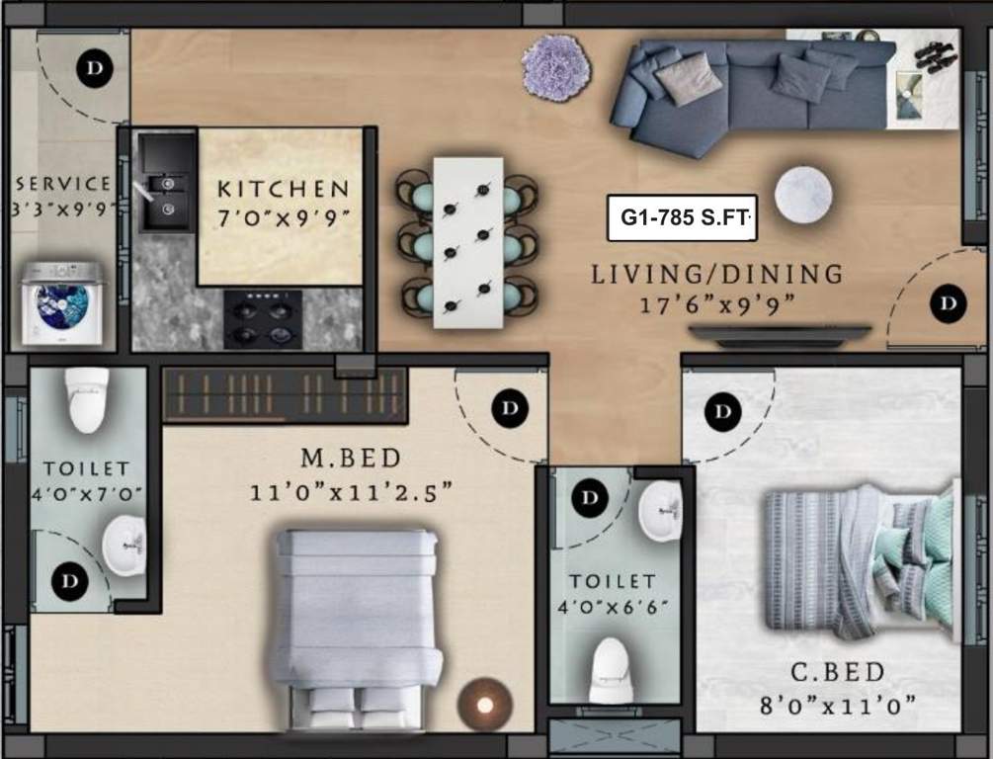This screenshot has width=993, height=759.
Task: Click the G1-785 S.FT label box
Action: tap(682, 217)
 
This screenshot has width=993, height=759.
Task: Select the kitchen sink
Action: tap(166, 195)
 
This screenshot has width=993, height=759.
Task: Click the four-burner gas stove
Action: tap(263, 319)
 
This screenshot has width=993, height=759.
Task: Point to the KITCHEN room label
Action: tap(283, 188)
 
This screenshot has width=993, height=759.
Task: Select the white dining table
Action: tap(467, 241)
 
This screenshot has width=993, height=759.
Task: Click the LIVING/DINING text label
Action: tap(716, 274)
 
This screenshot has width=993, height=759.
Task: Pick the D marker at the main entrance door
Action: tap(949, 302)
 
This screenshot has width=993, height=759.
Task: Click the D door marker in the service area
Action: tap(95, 68)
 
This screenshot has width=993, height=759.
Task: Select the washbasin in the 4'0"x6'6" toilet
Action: tap(659, 511)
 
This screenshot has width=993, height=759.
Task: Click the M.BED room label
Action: tap(351, 458)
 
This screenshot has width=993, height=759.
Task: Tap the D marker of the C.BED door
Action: tap(724, 410)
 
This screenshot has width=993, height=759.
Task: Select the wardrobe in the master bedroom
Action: tap(284, 395)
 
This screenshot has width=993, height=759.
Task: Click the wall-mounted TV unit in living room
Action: tap(780, 335)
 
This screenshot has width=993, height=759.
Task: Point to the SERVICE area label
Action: tap(63, 184)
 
